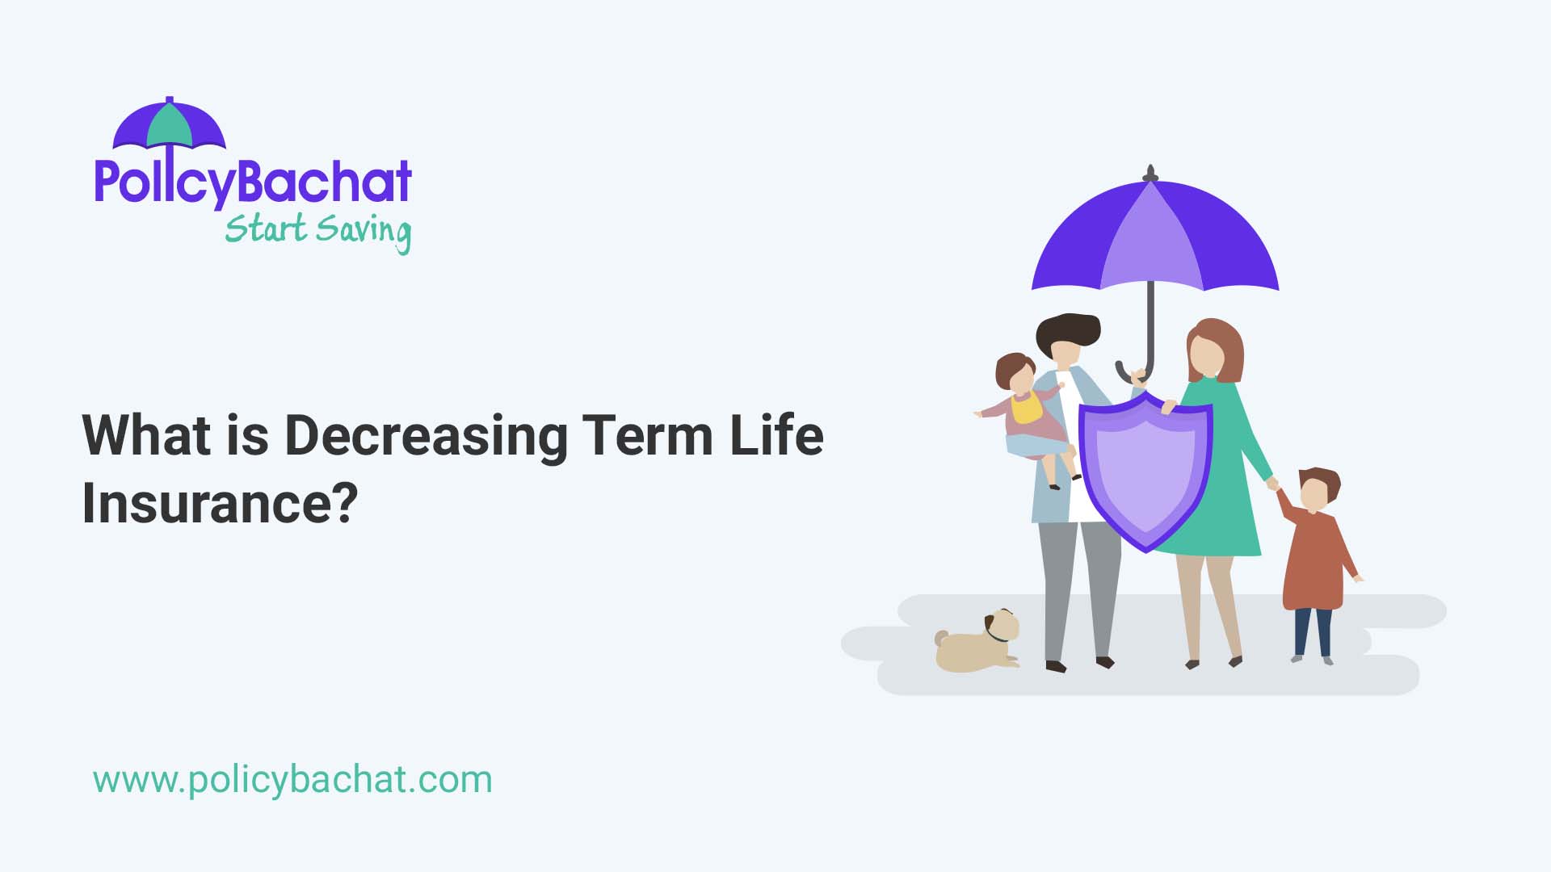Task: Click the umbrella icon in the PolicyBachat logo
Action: [x=169, y=124]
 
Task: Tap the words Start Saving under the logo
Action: [x=317, y=231]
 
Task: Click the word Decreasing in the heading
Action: [x=426, y=436]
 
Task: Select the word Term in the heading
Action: [x=647, y=436]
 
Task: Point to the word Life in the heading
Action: [x=776, y=436]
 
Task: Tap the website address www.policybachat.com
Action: [x=292, y=780]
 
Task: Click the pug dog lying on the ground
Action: [x=978, y=643]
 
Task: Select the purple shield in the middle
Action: [x=1145, y=472]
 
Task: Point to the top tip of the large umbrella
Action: [x=1150, y=172]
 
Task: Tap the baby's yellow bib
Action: [x=1027, y=409]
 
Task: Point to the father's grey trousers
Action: [x=1078, y=589]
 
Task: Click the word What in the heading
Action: [x=146, y=436]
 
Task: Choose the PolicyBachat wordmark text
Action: [x=253, y=182]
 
